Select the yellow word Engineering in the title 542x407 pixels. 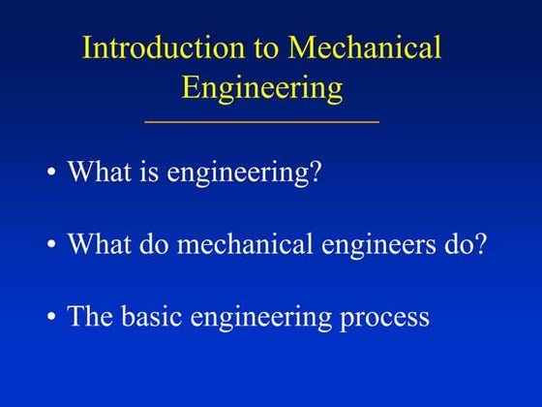[261, 88]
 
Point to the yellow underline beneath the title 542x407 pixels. [261, 122]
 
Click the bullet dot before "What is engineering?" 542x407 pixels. [51, 174]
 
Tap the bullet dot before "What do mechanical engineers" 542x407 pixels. [51, 245]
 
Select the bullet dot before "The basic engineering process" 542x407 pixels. [51, 317]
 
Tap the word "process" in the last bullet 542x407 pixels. [385, 318]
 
